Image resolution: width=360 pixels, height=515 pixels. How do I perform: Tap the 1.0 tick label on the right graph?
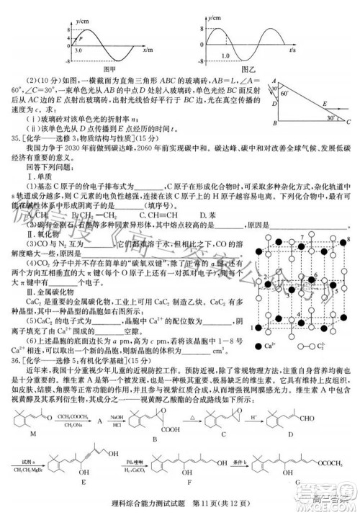226,55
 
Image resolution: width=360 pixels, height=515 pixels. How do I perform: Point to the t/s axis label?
294,51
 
